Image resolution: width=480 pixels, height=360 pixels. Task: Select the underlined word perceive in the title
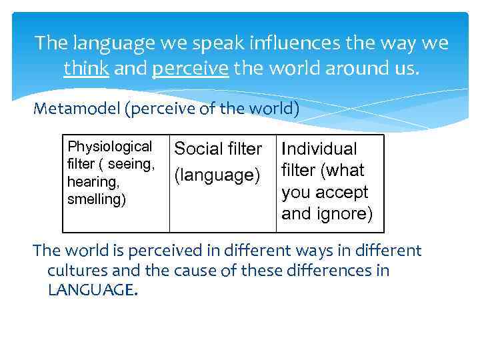[x=190, y=67]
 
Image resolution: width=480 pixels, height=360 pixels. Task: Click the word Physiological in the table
[x=109, y=147]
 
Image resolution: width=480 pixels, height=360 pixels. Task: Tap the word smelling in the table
[x=96, y=199]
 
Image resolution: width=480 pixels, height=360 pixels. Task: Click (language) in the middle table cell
[x=217, y=175]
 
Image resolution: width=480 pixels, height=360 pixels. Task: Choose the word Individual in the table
[x=319, y=149]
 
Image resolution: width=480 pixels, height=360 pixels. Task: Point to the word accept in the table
[x=343, y=193]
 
